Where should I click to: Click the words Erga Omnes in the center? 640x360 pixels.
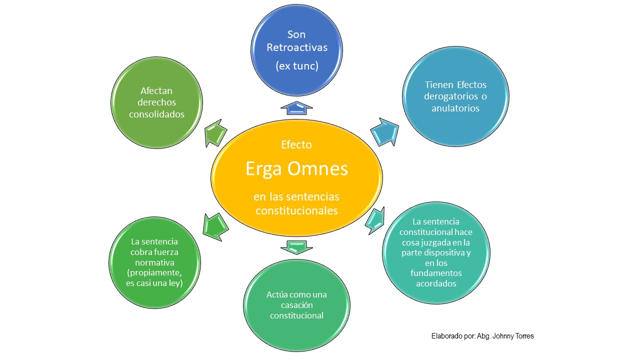pyautogui.click(x=296, y=169)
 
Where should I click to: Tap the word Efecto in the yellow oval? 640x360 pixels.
pyautogui.click(x=296, y=145)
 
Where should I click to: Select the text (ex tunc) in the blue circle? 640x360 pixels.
pyautogui.click(x=296, y=65)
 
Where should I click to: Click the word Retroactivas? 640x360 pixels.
pyautogui.click(x=296, y=47)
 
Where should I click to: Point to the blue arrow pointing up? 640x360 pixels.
pyautogui.click(x=296, y=105)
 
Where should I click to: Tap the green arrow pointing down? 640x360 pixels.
pyautogui.click(x=296, y=246)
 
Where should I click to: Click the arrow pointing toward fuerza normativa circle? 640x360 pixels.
pyautogui.click(x=215, y=226)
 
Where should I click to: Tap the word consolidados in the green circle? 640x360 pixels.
pyautogui.click(x=156, y=114)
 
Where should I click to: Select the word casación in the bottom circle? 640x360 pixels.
pyautogui.click(x=296, y=305)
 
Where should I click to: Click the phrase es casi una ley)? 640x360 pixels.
pyautogui.click(x=154, y=283)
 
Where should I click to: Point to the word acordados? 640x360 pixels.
pyautogui.click(x=435, y=283)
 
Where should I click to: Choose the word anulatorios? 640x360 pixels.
pyautogui.click(x=455, y=108)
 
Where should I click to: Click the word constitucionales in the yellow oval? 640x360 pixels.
pyautogui.click(x=296, y=210)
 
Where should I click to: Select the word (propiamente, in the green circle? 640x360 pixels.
pyautogui.click(x=154, y=272)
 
